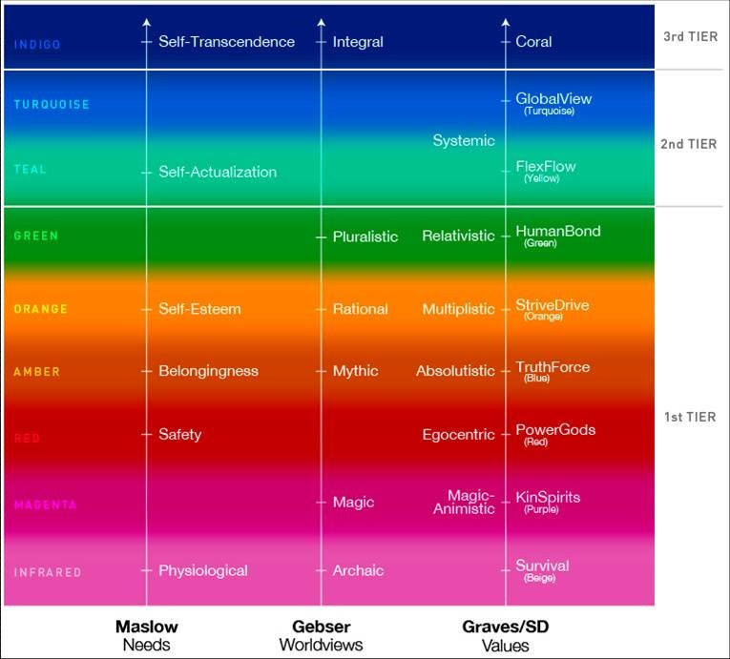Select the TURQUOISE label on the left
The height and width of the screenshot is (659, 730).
[52, 105]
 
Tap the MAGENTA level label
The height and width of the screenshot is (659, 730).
[45, 505]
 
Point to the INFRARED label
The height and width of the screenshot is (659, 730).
[48, 573]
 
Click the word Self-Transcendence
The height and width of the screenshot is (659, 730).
[226, 42]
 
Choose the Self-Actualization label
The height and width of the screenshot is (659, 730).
[218, 173]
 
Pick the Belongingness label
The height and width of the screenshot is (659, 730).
[208, 371]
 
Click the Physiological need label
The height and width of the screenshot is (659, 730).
[202, 571]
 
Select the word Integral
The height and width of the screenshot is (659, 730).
[358, 42]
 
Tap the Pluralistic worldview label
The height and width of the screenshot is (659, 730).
[365, 237]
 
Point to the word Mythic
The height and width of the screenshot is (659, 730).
[355, 371]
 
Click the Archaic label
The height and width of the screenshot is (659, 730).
[358, 571]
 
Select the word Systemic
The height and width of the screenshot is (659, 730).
[464, 141]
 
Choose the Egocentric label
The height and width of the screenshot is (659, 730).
[458, 435]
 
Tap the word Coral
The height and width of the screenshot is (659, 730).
[533, 42]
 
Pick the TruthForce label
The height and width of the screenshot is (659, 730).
[553, 367]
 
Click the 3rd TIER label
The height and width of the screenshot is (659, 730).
[690, 37]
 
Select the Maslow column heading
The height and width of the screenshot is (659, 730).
[146, 627]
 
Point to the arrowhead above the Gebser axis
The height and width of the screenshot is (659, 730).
[321, 21]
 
